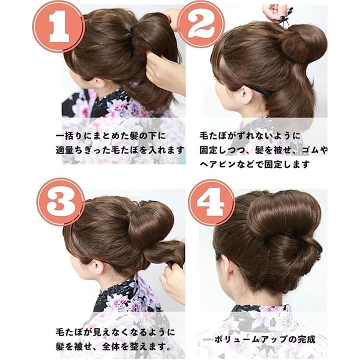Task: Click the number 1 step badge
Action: pyautogui.click(x=59, y=26)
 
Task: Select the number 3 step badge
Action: pyautogui.click(x=60, y=202)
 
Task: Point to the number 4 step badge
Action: pyautogui.click(x=211, y=202)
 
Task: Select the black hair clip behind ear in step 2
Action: pyautogui.click(x=259, y=90)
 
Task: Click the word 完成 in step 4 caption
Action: pyautogui.click(x=307, y=339)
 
